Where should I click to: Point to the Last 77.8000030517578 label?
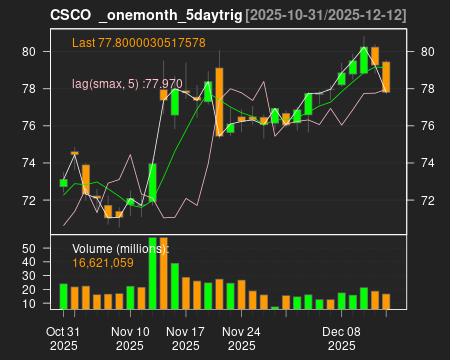(x=139, y=43)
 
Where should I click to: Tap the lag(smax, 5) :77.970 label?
(x=127, y=85)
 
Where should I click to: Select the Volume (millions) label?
(x=120, y=247)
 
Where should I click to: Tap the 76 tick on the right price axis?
(x=428, y=126)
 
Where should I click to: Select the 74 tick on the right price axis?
(x=428, y=163)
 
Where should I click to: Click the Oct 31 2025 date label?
(x=63, y=337)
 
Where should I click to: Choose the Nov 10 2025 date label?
(x=130, y=337)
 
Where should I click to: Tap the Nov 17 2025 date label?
(x=186, y=337)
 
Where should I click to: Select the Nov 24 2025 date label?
(x=241, y=337)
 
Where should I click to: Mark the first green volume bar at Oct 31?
(x=63, y=297)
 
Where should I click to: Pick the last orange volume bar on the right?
(x=386, y=302)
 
